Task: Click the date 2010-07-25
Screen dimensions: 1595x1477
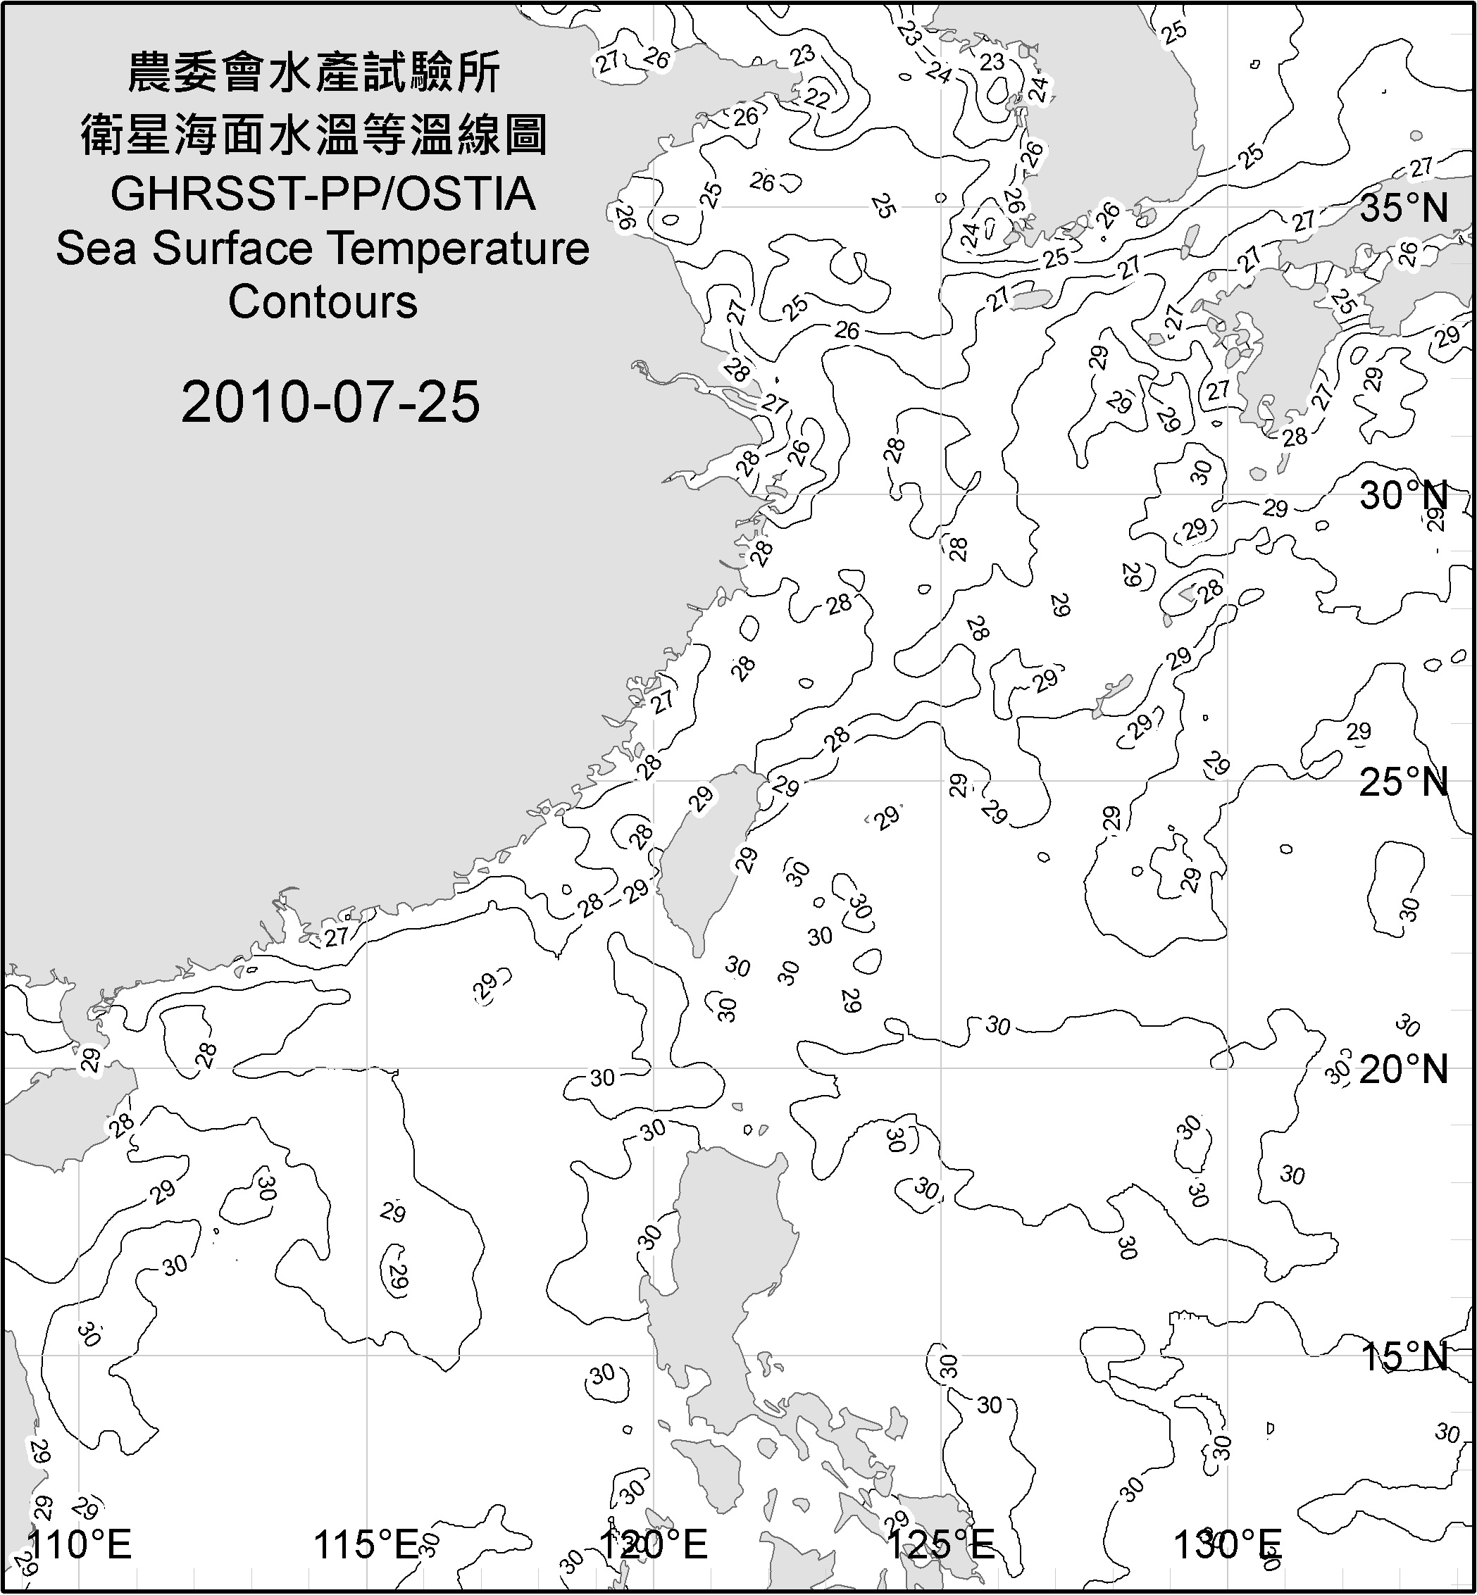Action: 330,401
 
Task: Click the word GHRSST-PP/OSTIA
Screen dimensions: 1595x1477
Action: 323,194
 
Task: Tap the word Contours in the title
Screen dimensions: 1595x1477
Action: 323,302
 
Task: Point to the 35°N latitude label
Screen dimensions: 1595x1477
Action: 1404,208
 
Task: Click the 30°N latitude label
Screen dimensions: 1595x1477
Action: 1404,496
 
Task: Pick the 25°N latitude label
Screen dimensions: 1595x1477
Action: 1404,782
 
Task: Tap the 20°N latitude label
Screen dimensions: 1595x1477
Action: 1404,1069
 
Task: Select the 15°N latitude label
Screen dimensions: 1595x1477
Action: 1404,1356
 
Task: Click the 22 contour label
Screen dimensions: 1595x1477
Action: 817,97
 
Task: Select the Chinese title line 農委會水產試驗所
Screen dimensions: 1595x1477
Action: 314,73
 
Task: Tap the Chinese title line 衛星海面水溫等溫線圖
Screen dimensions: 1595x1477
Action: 314,135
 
